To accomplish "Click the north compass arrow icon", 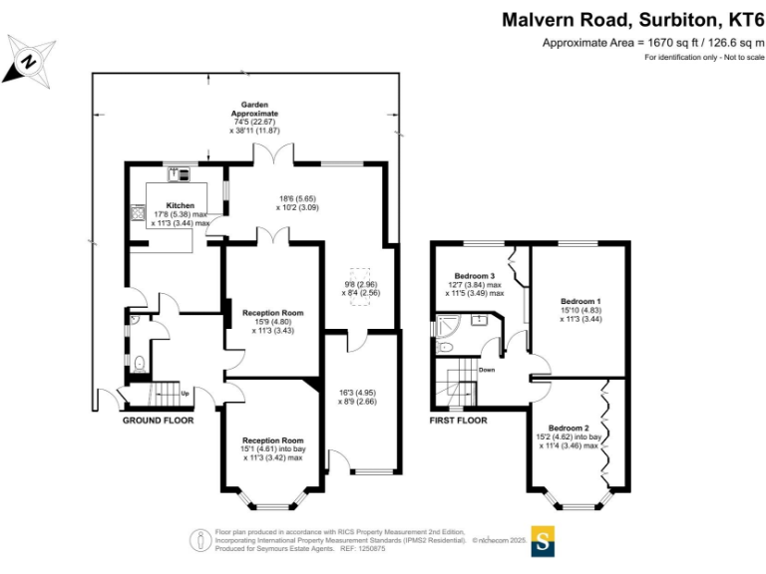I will tap(27, 59).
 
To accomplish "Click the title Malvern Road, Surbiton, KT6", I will tap(632, 20).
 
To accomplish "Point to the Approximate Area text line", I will tap(652, 43).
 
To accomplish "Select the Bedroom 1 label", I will tap(580, 301).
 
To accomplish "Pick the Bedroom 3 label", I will tap(475, 276).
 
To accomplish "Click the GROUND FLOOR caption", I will tap(158, 421).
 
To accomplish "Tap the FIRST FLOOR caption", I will tap(458, 421).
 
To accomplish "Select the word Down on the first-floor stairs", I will tap(487, 370).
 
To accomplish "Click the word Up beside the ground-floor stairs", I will tap(185, 393).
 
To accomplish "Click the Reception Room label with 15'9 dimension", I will tap(272, 313).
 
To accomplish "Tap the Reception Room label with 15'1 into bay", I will tap(272, 440).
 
